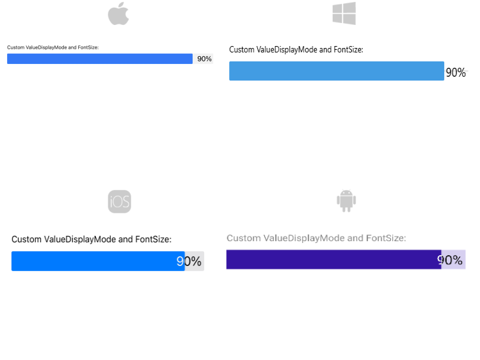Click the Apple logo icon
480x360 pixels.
pyautogui.click(x=118, y=14)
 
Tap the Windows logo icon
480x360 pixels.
pyautogui.click(x=344, y=14)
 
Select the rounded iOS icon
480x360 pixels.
pyautogui.click(x=119, y=202)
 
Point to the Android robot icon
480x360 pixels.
pyautogui.click(x=346, y=200)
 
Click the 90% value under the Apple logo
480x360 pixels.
pyautogui.click(x=204, y=59)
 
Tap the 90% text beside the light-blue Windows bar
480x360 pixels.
pyautogui.click(x=456, y=72)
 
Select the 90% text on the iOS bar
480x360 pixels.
pyautogui.click(x=189, y=262)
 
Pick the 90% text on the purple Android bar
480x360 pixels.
pyautogui.click(x=450, y=260)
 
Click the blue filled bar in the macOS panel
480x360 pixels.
pyautogui.click(x=99, y=59)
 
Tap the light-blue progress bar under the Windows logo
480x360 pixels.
pyautogui.click(x=336, y=71)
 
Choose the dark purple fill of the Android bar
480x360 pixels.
pyautogui.click(x=333, y=260)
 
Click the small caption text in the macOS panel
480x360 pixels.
pyautogui.click(x=52, y=47)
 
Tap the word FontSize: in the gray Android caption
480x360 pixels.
pyautogui.click(x=386, y=239)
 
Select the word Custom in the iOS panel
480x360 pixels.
pyautogui.click(x=26, y=240)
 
